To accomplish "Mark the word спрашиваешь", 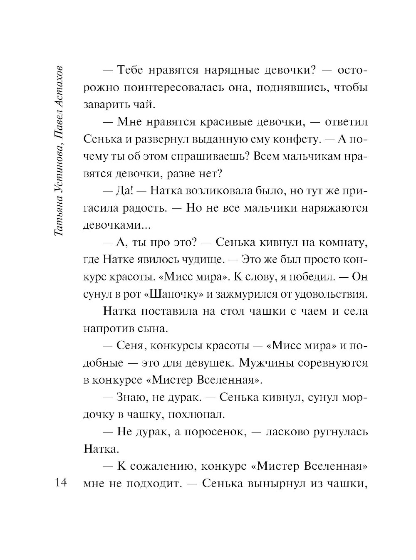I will pyautogui.click(x=213, y=157).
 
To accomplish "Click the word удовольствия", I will pyautogui.click(x=331, y=294).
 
